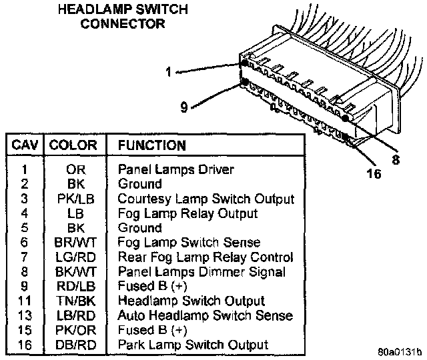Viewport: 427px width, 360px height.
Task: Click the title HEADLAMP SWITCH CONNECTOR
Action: click(x=122, y=17)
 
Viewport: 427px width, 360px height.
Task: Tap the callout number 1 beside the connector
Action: click(x=169, y=71)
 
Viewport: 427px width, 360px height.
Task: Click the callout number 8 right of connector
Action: click(x=395, y=159)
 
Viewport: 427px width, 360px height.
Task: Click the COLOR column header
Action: click(x=73, y=145)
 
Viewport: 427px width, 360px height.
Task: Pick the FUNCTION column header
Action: click(x=151, y=145)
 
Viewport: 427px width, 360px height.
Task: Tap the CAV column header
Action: click(x=24, y=145)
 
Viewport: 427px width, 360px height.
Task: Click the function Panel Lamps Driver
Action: click(x=175, y=169)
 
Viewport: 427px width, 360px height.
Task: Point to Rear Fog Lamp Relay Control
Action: click(x=205, y=257)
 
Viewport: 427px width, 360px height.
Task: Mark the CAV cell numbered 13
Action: click(x=24, y=315)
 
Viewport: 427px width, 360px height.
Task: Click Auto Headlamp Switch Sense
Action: click(x=205, y=315)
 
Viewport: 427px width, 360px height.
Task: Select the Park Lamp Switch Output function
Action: click(x=193, y=345)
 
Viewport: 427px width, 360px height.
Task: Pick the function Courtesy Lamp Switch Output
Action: click(x=205, y=199)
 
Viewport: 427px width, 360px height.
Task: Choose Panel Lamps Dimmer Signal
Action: click(x=201, y=271)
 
